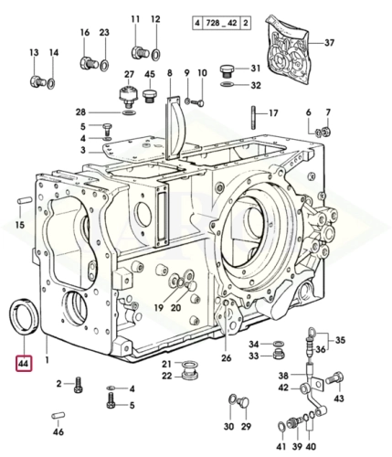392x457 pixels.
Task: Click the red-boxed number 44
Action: (23, 364)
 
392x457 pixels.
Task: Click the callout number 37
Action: (330, 42)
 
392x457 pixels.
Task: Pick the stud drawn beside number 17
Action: (249, 116)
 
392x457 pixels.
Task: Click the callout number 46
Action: (58, 430)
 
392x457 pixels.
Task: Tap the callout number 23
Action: (104, 34)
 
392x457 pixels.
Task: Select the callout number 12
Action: (154, 19)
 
